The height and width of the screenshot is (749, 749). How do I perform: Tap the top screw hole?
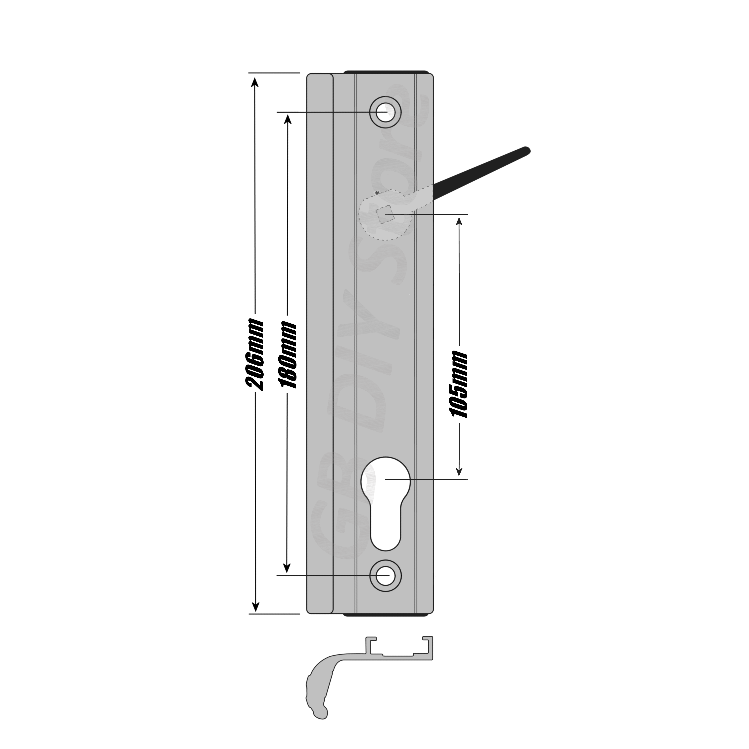pos(385,112)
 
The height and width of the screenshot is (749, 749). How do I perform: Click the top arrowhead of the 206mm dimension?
pos(255,81)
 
